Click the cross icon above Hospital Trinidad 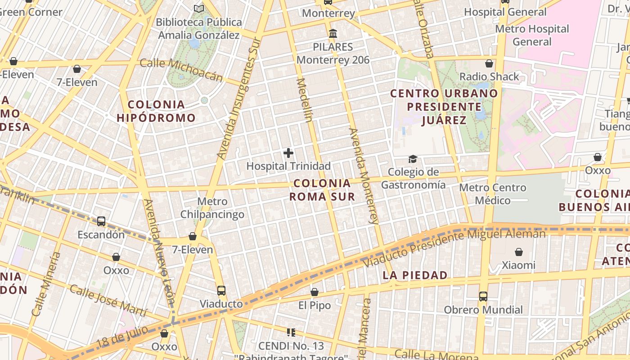click(288, 153)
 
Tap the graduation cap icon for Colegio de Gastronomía click(413, 159)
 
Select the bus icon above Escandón click(101, 221)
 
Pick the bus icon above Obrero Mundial click(483, 297)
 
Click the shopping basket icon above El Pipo click(315, 292)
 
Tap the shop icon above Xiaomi click(519, 252)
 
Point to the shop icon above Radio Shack click(489, 64)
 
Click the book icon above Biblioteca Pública click(198, 9)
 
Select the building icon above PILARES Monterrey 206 click(333, 34)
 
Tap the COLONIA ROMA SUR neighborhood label click(322, 190)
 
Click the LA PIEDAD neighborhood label click(415, 275)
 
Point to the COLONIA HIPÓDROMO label click(156, 111)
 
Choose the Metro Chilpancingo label click(212, 208)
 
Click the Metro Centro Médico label click(493, 194)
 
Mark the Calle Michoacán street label click(181, 70)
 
